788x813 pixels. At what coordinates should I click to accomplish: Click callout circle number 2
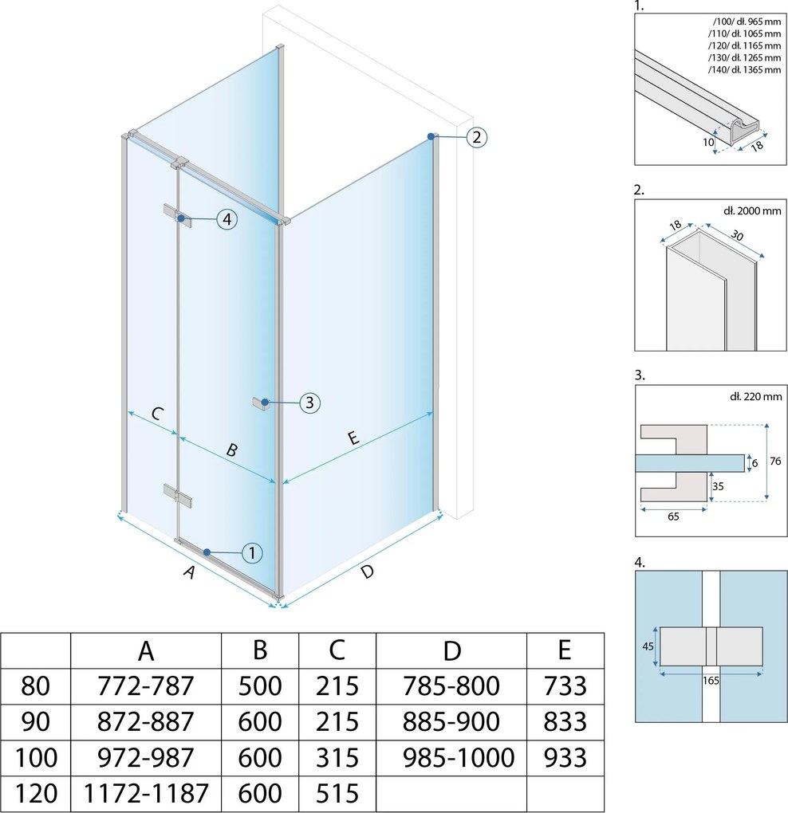(x=477, y=137)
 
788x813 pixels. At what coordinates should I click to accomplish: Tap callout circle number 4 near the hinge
(x=227, y=219)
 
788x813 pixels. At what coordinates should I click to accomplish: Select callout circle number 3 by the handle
(x=309, y=403)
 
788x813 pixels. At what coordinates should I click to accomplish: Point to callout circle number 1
(x=252, y=552)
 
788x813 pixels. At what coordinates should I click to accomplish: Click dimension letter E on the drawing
(x=353, y=438)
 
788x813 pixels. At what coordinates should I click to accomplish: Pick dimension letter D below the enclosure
(x=367, y=572)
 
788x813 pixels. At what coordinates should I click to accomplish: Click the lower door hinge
(x=178, y=496)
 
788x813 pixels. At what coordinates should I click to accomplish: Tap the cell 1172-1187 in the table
(x=146, y=793)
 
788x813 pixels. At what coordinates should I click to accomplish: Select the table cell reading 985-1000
(x=458, y=757)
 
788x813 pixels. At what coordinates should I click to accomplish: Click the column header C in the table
(x=337, y=650)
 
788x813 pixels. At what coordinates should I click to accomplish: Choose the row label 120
(x=36, y=793)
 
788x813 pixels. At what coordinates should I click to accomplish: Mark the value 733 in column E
(x=565, y=685)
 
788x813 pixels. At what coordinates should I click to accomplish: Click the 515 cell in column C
(x=337, y=793)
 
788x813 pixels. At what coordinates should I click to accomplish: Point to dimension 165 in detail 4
(x=711, y=680)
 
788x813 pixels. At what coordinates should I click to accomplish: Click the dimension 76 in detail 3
(x=775, y=461)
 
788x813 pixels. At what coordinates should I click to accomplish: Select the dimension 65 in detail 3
(x=673, y=516)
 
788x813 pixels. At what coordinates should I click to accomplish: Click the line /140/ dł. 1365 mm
(x=744, y=69)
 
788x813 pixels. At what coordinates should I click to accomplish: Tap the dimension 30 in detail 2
(x=737, y=235)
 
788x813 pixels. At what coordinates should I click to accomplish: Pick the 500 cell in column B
(x=260, y=685)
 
